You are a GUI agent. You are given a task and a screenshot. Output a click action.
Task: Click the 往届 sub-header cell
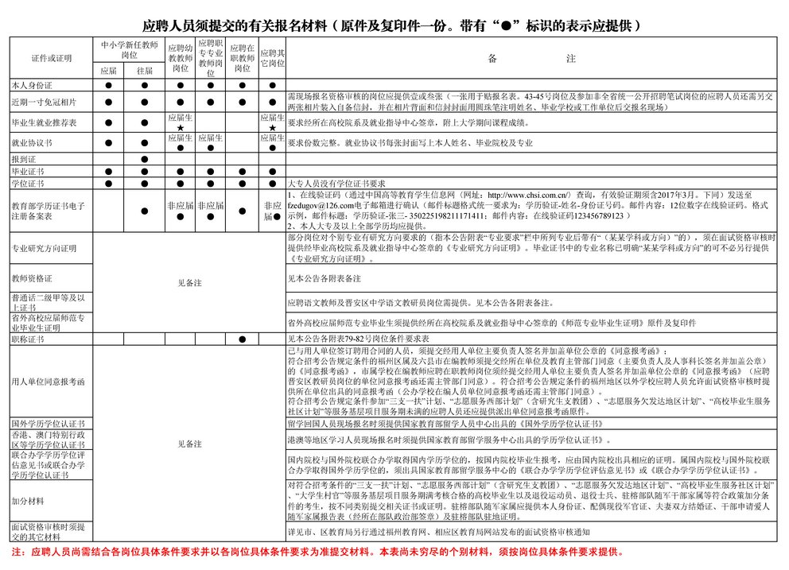[144, 71]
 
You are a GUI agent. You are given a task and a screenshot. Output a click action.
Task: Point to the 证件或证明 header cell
[51, 58]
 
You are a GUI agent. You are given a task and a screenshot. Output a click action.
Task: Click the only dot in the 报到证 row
[144, 159]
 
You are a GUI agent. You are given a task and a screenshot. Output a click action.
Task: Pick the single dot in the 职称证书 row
[242, 339]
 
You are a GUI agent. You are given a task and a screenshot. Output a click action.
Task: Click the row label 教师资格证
[32, 278]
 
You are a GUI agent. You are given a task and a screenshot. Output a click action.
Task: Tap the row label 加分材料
[28, 502]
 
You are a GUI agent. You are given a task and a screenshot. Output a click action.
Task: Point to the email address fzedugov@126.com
[320, 204]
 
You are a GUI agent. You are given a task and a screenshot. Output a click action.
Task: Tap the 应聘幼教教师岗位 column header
[181, 58]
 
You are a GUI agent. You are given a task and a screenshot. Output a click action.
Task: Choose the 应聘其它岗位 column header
[273, 58]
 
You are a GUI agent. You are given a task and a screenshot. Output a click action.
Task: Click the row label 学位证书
[27, 183]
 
